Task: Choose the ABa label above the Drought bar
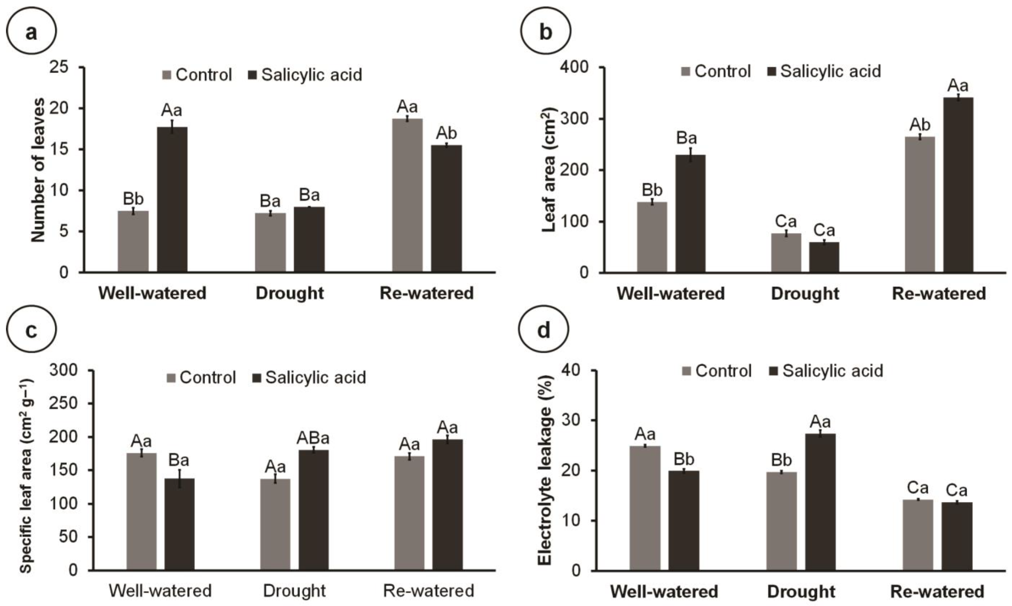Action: pos(313,438)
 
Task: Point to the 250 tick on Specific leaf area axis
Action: pos(64,403)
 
